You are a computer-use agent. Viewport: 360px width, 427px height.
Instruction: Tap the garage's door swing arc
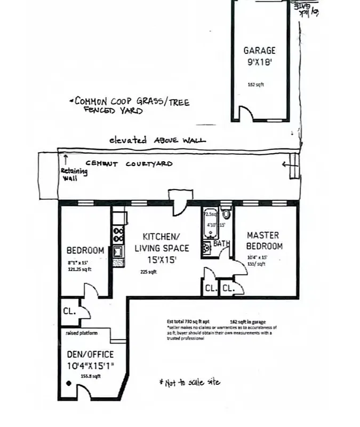tap(246, 113)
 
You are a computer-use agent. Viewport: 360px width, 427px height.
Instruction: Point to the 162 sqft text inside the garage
tap(256, 84)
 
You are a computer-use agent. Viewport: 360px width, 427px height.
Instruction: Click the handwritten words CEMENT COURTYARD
tap(129, 164)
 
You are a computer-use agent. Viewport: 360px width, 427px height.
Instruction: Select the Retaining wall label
tap(69, 174)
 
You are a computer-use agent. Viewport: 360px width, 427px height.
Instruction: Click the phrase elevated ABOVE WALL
tap(157, 140)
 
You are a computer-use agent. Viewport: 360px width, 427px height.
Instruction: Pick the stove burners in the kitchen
tap(118, 233)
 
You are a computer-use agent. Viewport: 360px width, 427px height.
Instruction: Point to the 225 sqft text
tap(148, 272)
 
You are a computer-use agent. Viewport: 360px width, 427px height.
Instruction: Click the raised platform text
tap(82, 333)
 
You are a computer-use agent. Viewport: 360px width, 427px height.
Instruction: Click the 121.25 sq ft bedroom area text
tap(79, 270)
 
